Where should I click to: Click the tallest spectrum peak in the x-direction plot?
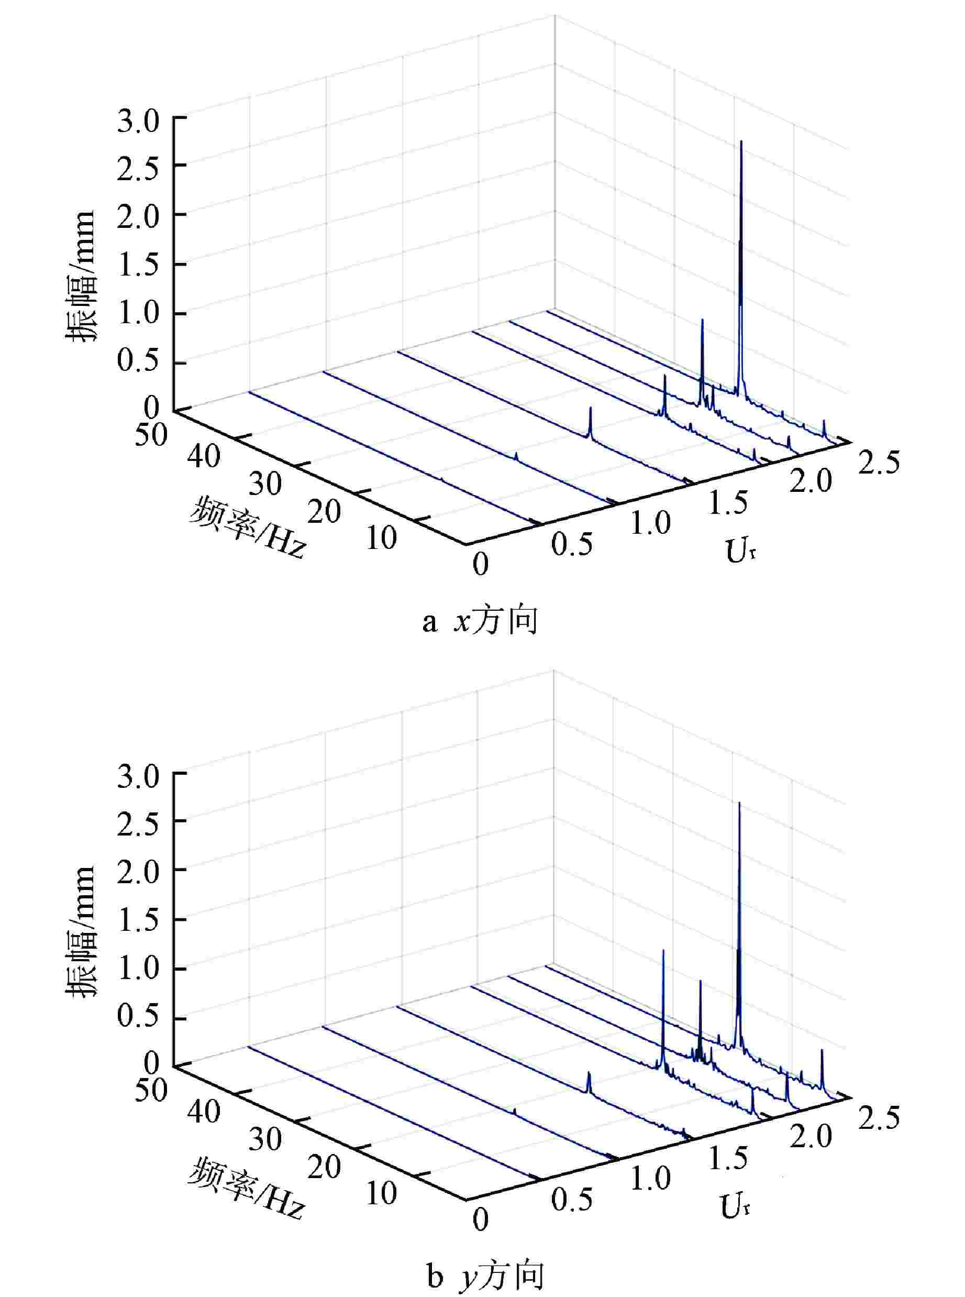point(741,142)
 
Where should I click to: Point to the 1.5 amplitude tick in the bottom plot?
point(138,922)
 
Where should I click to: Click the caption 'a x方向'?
point(480,622)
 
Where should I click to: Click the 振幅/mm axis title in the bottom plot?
point(81,932)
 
